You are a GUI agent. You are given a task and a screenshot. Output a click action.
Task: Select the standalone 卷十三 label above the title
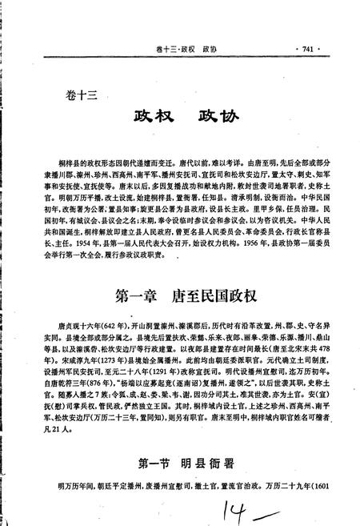pyautogui.click(x=81, y=94)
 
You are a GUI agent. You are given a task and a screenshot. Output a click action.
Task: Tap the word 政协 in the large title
pyautogui.click(x=214, y=113)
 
